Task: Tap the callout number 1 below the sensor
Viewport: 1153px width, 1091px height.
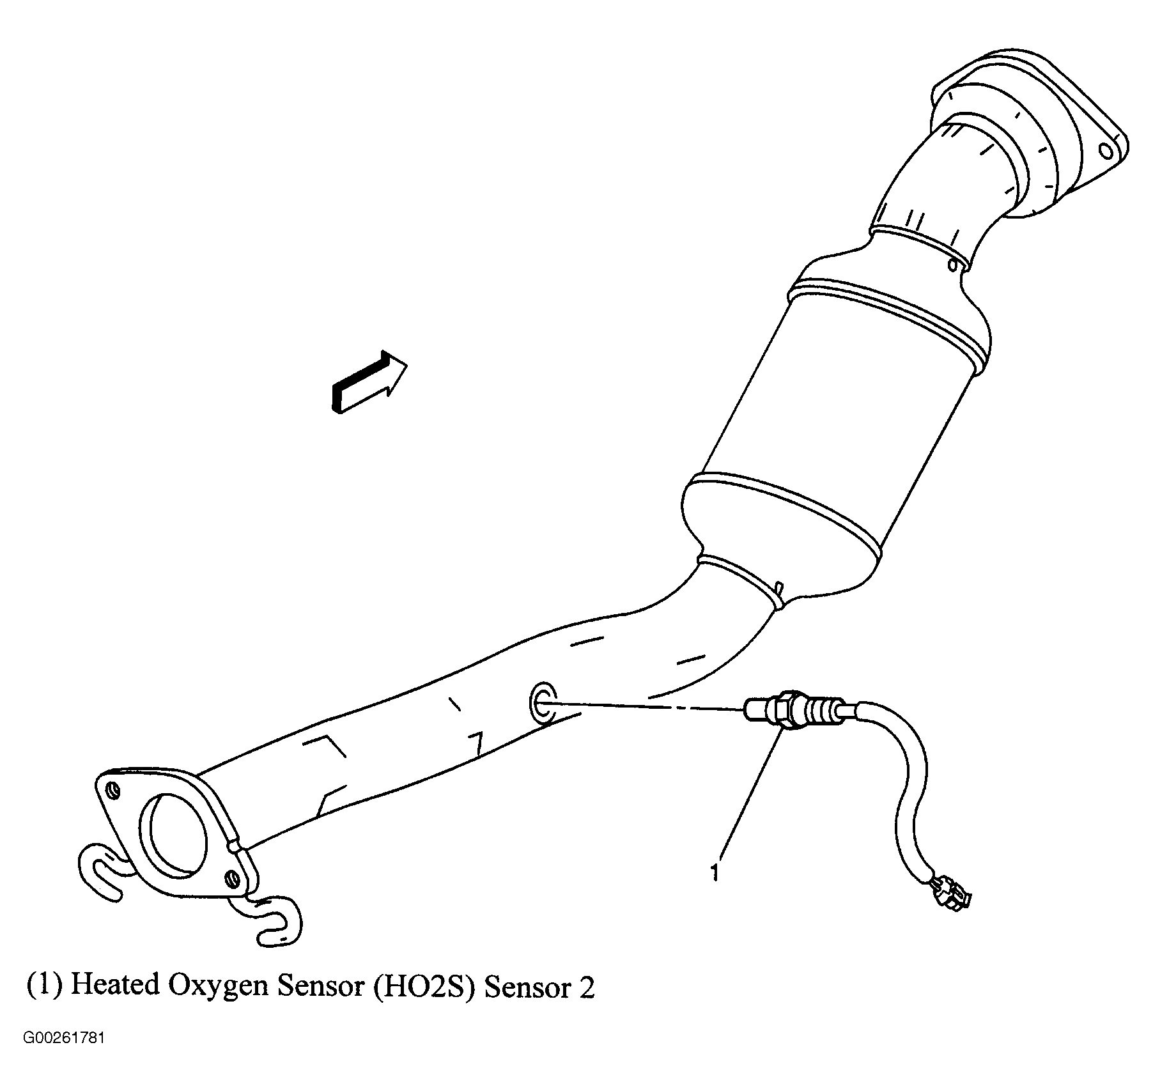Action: click(715, 872)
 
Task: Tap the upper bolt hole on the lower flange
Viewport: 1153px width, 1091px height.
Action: click(112, 791)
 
